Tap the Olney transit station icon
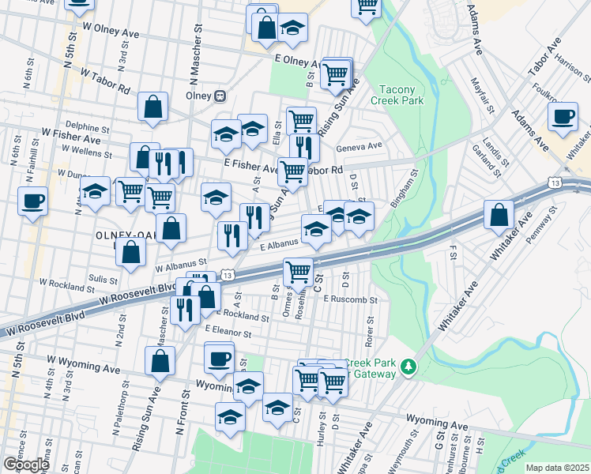point(221,96)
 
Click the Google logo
point(26,464)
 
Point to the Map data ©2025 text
point(558,468)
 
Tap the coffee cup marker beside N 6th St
point(34,201)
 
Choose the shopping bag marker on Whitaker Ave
point(499,215)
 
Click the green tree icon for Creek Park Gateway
point(408,366)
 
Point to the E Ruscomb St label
point(354,300)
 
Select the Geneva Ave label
point(359,145)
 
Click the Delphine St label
point(87,126)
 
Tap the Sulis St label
point(103,278)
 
